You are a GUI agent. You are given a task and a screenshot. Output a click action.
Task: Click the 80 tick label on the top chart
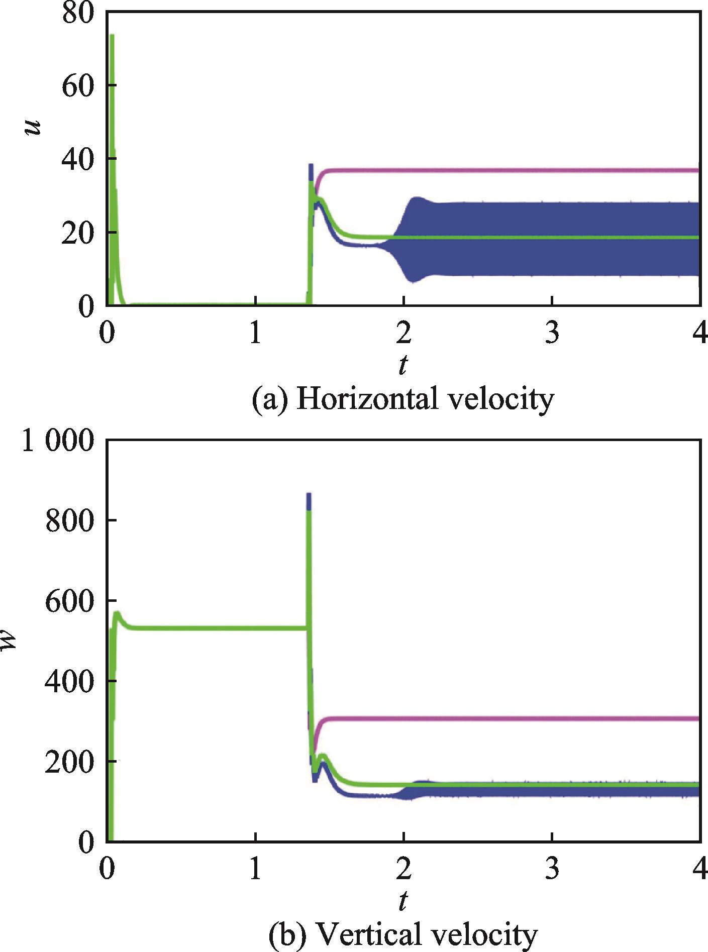pos(78,13)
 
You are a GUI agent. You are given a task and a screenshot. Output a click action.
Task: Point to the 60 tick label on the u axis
pos(78,85)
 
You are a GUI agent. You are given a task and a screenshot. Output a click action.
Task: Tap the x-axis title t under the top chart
pos(402,365)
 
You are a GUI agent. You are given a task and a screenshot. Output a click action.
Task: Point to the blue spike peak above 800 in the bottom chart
pos(309,495)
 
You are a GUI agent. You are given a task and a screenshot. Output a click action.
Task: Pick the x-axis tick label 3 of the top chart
pos(552,334)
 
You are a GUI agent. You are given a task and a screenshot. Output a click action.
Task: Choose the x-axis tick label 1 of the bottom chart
pos(255,870)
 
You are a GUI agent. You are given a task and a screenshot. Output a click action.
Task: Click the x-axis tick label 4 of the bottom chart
pos(699,870)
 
